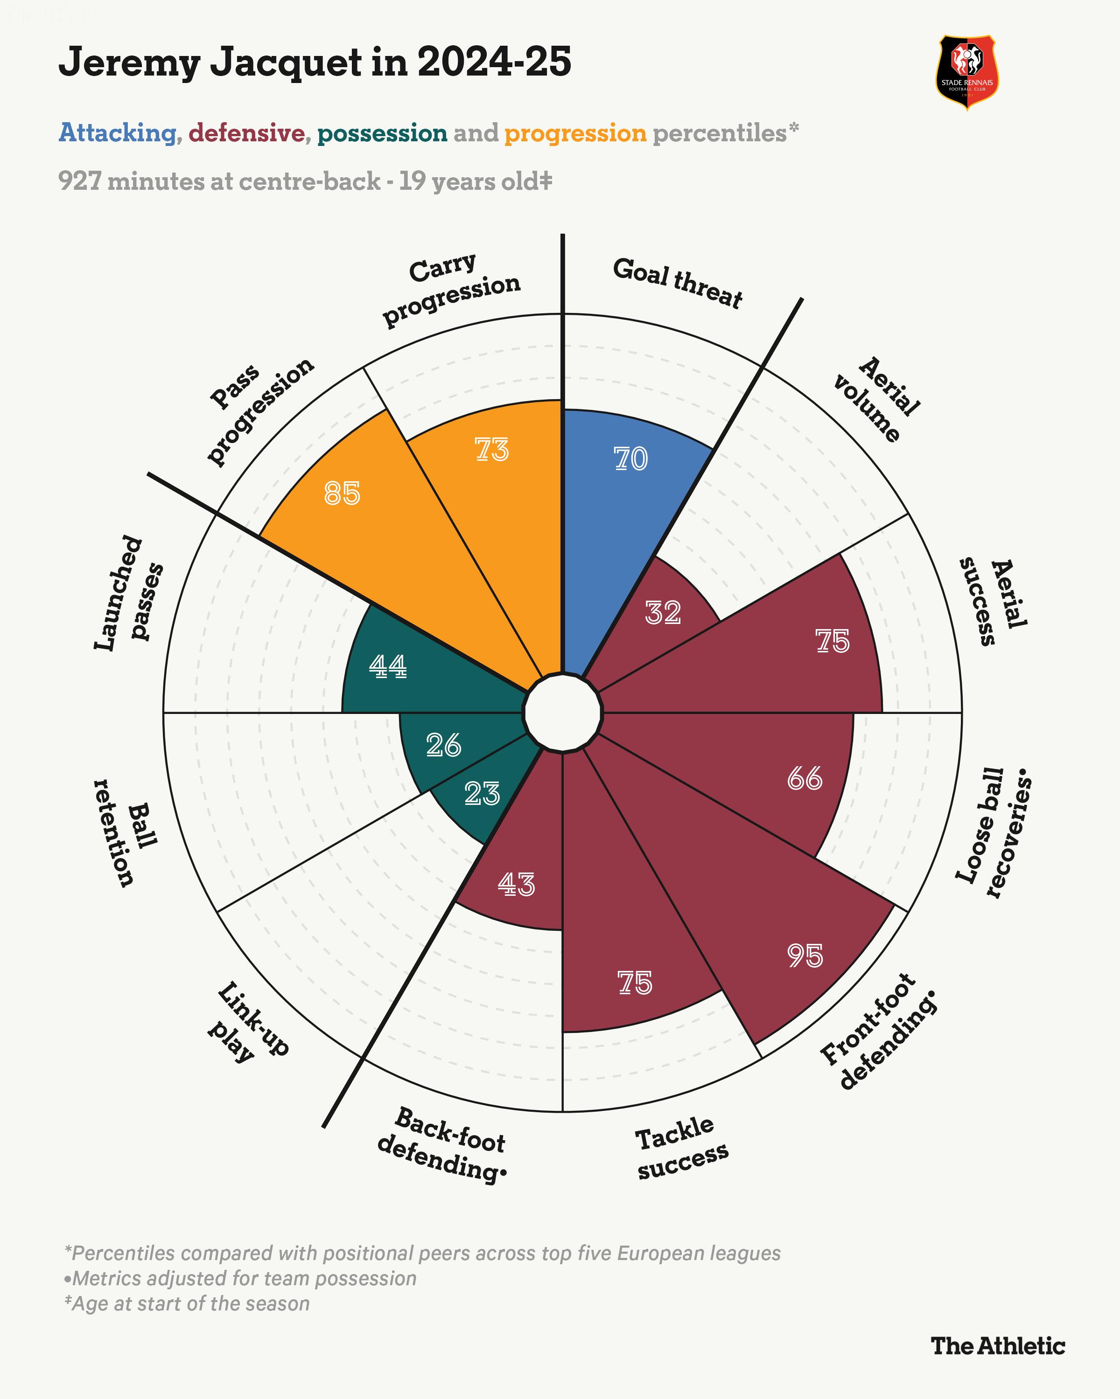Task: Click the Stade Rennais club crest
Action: click(967, 73)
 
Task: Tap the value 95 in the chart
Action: click(805, 956)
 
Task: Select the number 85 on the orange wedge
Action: click(342, 494)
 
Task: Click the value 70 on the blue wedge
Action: click(630, 459)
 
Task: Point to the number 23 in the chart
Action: click(482, 794)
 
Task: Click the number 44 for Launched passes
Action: click(388, 666)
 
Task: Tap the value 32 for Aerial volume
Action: click(663, 613)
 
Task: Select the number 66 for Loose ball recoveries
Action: click(805, 779)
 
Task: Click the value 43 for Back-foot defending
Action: click(516, 885)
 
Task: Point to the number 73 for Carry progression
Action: click(491, 450)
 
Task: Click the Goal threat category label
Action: click(677, 283)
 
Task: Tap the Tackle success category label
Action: click(680, 1148)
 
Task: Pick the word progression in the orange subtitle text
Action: click(575, 133)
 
